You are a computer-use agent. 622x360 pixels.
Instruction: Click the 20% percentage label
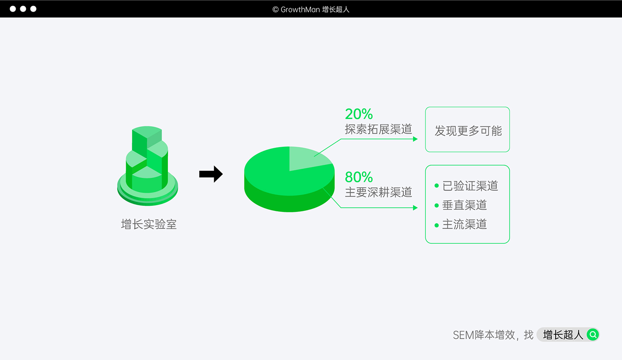359,114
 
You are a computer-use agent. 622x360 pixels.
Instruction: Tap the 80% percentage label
359,177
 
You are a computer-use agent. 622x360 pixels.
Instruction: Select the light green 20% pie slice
307,158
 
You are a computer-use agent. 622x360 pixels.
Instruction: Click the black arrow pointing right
211,174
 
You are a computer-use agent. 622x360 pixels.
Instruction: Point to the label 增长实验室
149,224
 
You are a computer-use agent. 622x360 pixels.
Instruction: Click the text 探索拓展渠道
378,129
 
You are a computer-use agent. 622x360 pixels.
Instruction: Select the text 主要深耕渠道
378,192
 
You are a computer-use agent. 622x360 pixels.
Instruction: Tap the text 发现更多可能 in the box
468,131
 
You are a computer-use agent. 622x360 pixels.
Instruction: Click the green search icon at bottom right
592,335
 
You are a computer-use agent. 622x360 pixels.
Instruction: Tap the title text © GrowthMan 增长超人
311,9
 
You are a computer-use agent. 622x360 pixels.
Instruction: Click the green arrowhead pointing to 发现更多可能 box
415,139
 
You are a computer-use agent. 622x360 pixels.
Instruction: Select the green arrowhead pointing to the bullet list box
415,208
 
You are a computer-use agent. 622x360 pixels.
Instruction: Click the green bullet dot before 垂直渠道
437,205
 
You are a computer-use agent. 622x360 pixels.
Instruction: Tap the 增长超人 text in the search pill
563,335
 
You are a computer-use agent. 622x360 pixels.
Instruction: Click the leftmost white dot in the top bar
13,9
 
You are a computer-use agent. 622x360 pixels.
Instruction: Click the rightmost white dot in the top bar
33,9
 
